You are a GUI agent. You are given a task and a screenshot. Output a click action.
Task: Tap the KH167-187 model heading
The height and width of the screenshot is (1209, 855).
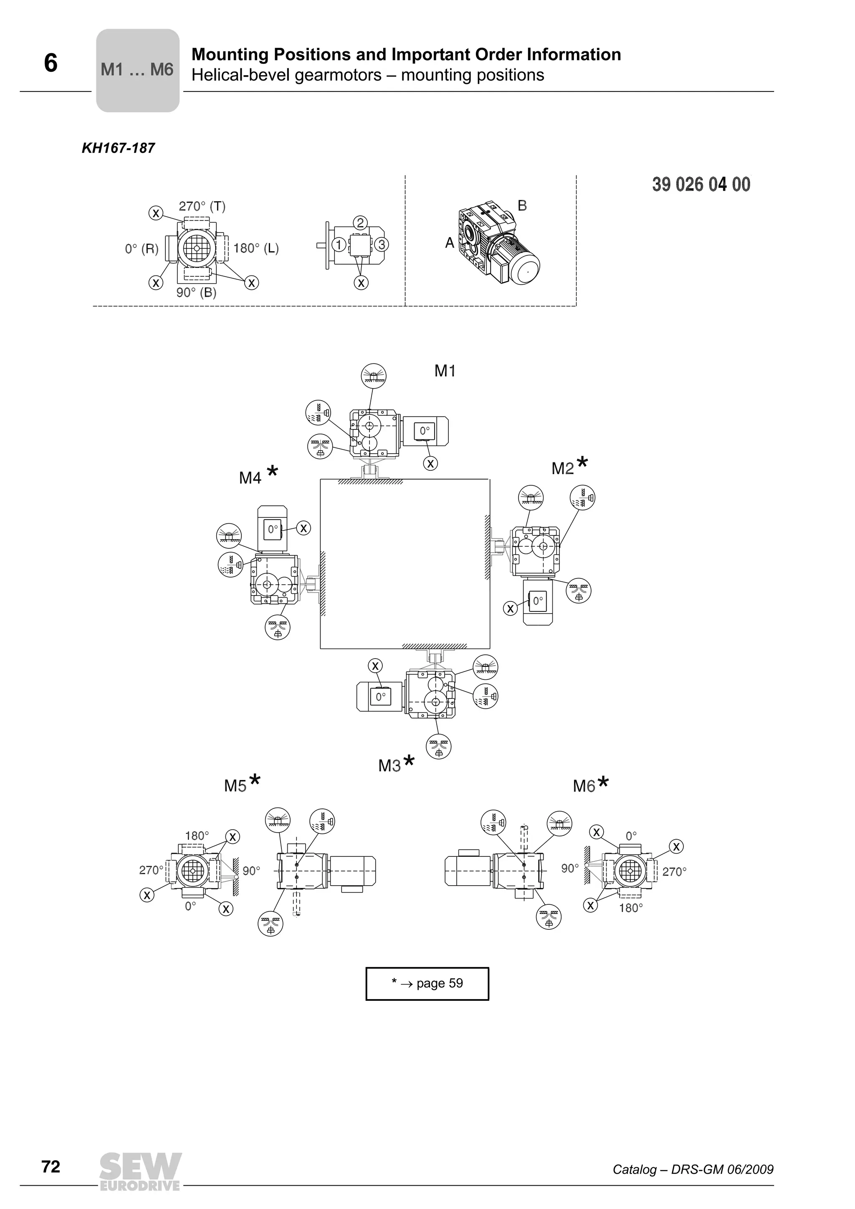point(118,148)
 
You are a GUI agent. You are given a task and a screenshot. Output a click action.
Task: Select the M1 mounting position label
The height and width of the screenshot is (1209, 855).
point(445,371)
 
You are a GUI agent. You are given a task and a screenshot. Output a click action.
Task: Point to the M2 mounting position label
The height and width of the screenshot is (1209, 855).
point(563,468)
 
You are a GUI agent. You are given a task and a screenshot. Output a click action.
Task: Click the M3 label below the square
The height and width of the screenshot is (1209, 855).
point(390,766)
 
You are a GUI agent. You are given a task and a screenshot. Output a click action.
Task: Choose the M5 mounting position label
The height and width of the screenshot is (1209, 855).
point(235,786)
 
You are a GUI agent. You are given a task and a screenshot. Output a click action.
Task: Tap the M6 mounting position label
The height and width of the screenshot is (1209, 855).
point(584,786)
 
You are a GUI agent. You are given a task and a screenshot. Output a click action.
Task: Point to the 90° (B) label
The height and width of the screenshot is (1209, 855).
point(196,293)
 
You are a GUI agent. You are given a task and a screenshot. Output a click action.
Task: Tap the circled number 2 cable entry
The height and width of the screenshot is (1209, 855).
point(360,223)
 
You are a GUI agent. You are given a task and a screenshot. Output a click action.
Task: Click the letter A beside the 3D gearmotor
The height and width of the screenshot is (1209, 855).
point(449,243)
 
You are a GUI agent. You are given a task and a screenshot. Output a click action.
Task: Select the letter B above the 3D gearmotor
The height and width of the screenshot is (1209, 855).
point(522,206)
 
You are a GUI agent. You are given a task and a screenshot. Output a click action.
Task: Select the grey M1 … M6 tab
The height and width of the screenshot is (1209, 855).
point(137,70)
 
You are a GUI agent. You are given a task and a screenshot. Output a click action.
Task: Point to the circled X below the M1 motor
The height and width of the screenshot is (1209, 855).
point(430,463)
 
